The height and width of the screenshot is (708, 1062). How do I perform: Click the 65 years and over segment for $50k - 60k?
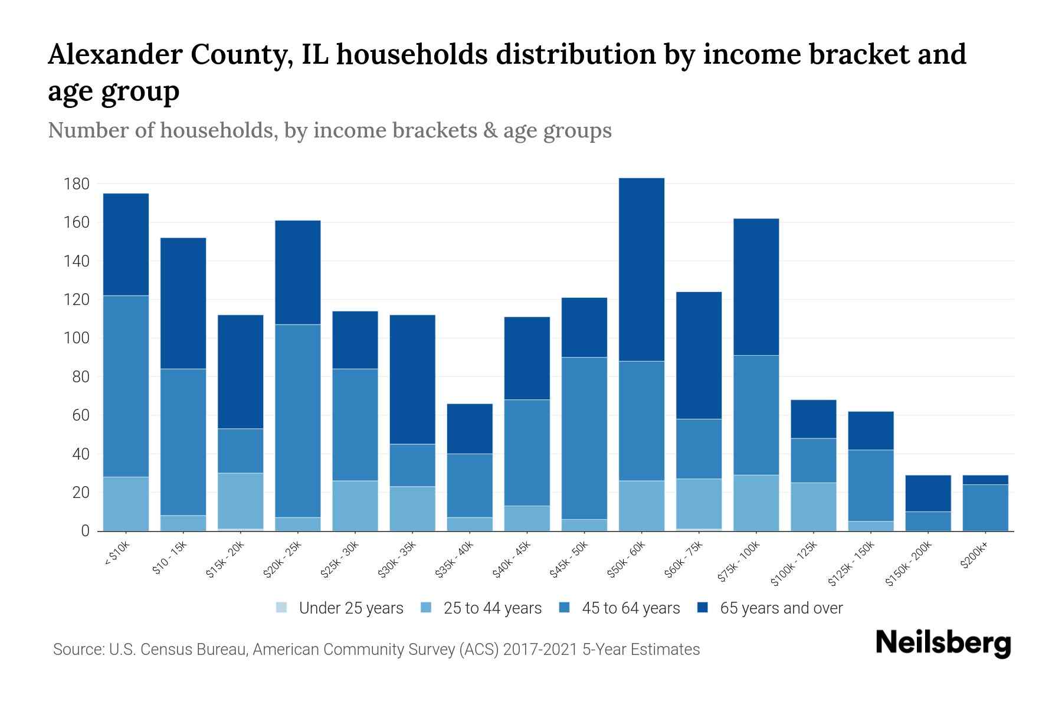point(641,269)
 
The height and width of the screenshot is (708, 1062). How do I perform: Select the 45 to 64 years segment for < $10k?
point(126,386)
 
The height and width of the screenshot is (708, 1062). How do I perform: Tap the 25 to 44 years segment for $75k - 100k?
point(756,503)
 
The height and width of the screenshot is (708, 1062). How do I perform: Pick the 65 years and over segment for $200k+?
point(985,480)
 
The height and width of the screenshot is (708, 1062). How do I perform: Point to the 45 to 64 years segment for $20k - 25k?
point(298,421)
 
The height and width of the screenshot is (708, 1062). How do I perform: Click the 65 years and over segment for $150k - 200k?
point(927,493)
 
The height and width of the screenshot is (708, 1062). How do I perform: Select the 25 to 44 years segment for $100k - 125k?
point(813,506)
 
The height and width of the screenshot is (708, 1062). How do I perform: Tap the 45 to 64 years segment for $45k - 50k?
point(584,438)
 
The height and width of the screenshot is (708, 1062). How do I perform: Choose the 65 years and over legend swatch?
point(703,608)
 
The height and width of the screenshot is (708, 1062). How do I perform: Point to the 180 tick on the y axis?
point(77,184)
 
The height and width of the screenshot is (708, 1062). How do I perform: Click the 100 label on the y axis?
point(77,338)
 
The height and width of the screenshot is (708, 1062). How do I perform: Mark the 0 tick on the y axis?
point(85,531)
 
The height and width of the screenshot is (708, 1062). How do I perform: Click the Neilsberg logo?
point(943,643)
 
